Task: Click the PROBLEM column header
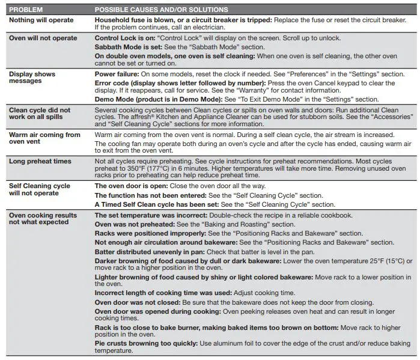click(x=25, y=10)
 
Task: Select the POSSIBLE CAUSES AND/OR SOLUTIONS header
click(x=162, y=10)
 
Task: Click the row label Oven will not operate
click(x=43, y=38)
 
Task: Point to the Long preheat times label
click(x=40, y=161)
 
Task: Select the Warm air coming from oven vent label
click(x=44, y=138)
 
